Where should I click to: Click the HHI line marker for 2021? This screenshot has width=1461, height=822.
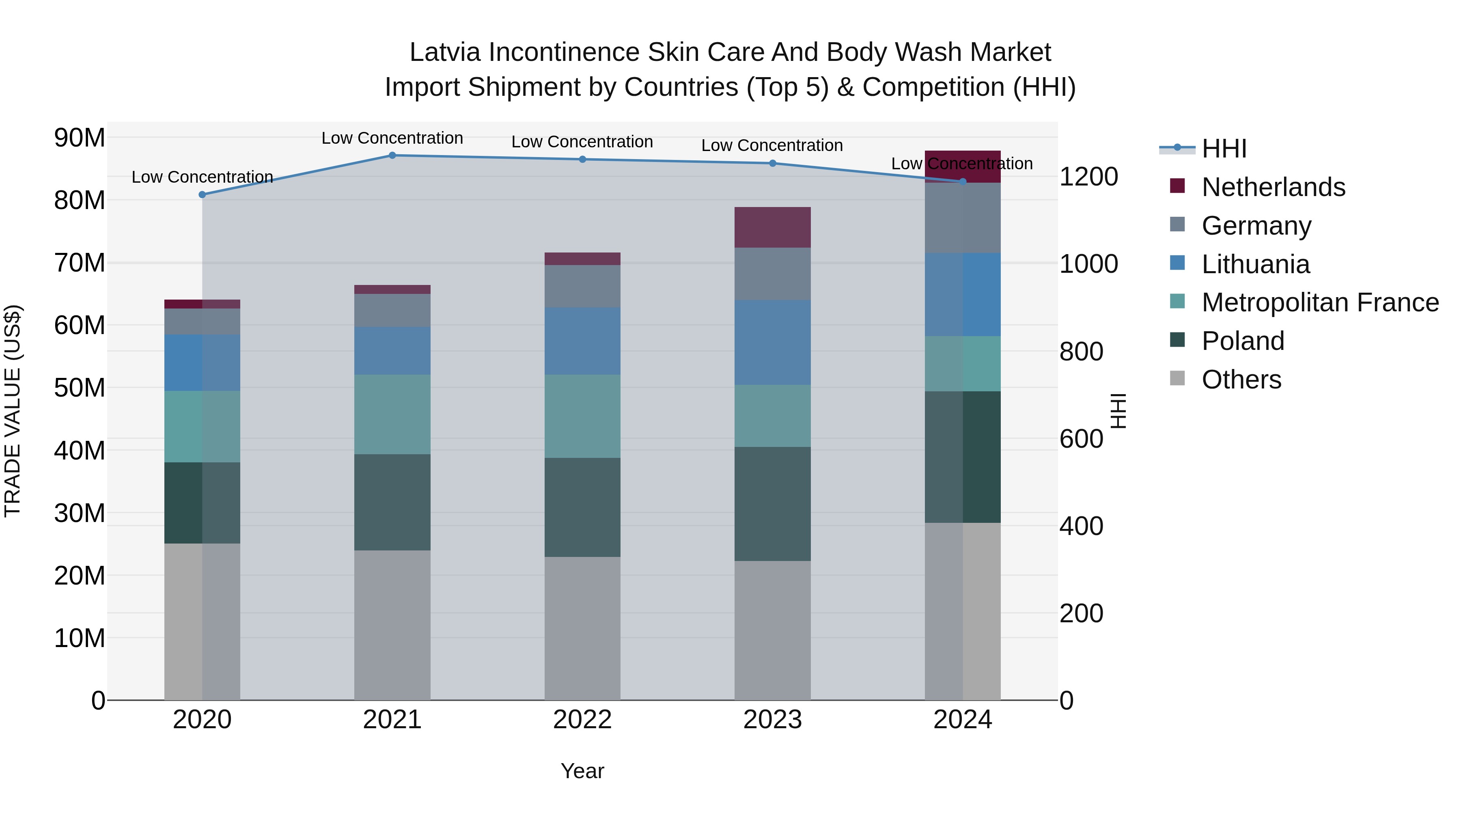(392, 155)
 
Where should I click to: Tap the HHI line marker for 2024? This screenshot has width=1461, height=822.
(963, 181)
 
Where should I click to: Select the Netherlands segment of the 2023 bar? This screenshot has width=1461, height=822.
(772, 227)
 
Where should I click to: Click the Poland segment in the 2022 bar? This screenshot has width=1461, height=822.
(582, 507)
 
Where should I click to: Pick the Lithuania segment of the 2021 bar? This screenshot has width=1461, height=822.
(392, 351)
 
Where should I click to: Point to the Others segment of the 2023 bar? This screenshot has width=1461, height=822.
(772, 630)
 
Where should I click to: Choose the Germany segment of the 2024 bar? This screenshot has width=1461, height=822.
(963, 218)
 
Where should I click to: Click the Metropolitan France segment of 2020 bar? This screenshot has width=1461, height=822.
(202, 427)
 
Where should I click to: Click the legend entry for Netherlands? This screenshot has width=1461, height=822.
(1273, 187)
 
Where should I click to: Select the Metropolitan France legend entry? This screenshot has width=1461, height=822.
(1319, 302)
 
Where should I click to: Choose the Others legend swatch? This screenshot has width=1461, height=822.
(1177, 378)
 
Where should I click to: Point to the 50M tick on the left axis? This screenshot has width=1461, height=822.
(80, 388)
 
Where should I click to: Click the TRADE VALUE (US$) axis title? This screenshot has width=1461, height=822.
(13, 411)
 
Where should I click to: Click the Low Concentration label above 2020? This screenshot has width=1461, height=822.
(202, 177)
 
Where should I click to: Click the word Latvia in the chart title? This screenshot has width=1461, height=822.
(445, 52)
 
